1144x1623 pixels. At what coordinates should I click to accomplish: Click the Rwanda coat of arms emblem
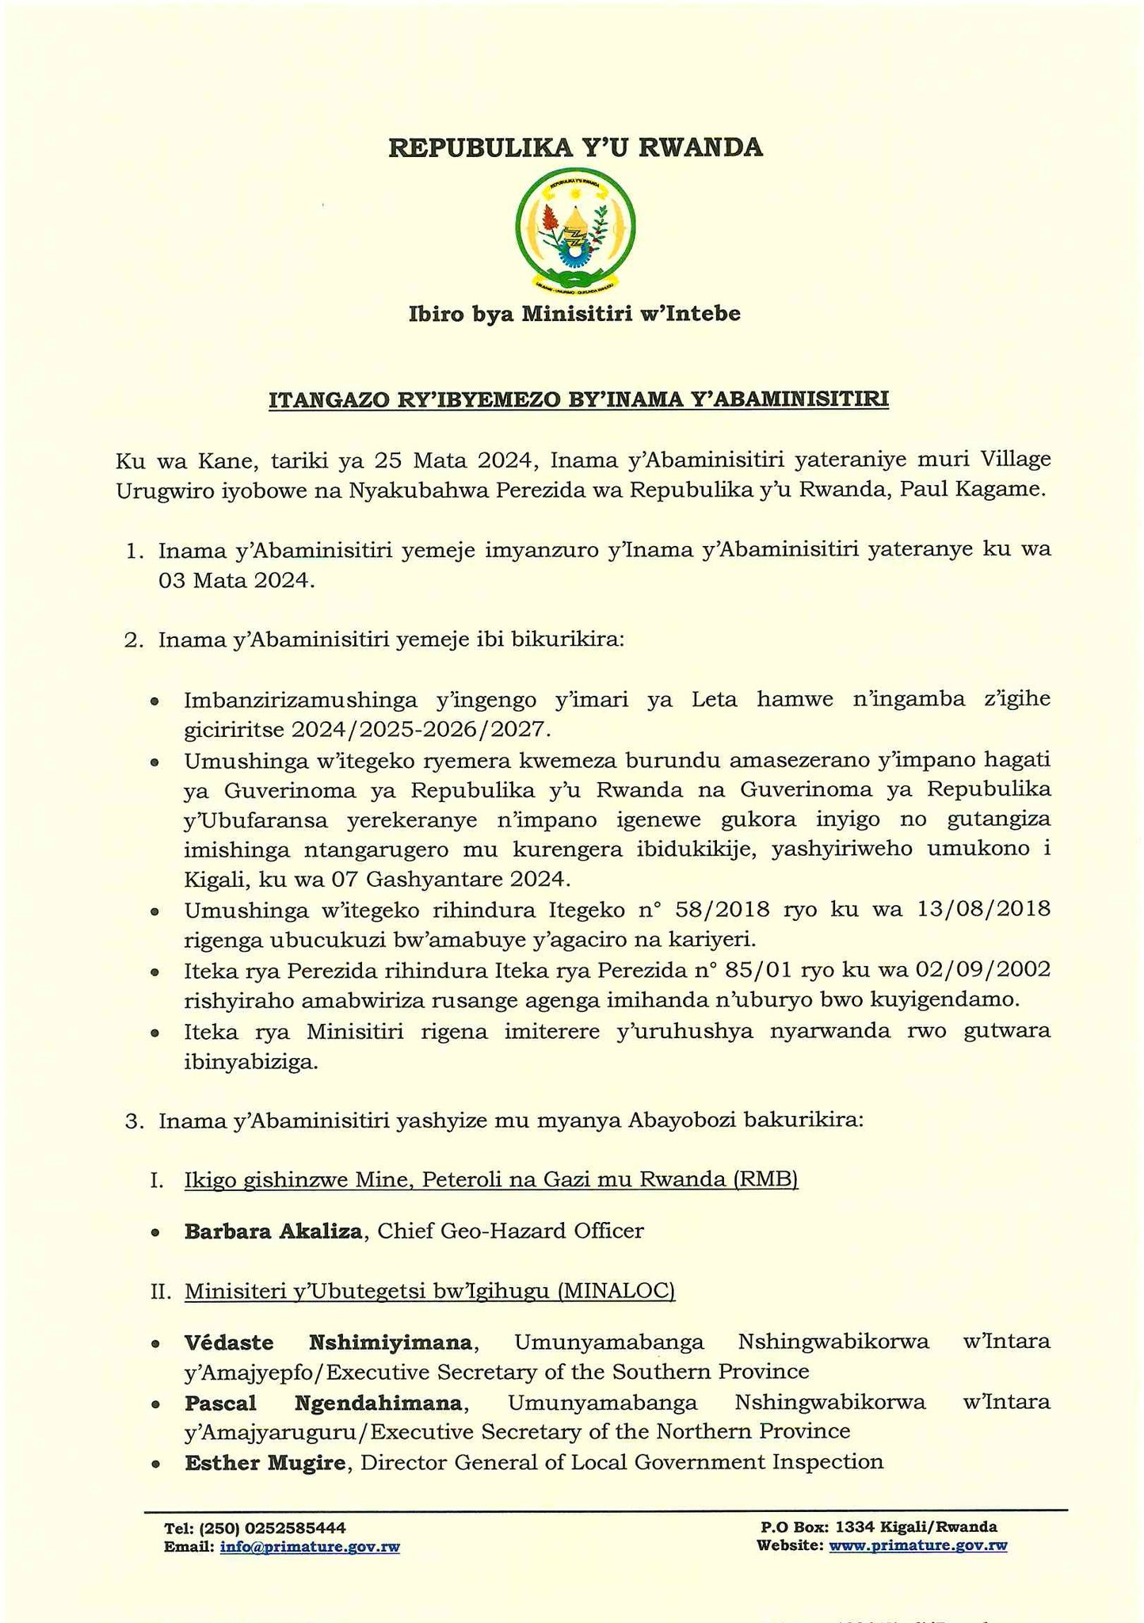pyautogui.click(x=575, y=231)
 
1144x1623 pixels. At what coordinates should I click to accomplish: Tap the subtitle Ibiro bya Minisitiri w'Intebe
pyautogui.click(x=574, y=315)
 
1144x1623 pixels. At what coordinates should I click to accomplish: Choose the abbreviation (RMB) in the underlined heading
pyautogui.click(x=765, y=1179)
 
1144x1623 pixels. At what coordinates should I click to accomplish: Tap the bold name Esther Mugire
pyautogui.click(x=266, y=1461)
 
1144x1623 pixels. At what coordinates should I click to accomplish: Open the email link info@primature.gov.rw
pyautogui.click(x=310, y=1546)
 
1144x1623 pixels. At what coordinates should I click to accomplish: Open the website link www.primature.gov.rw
pyautogui.click(x=917, y=1545)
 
